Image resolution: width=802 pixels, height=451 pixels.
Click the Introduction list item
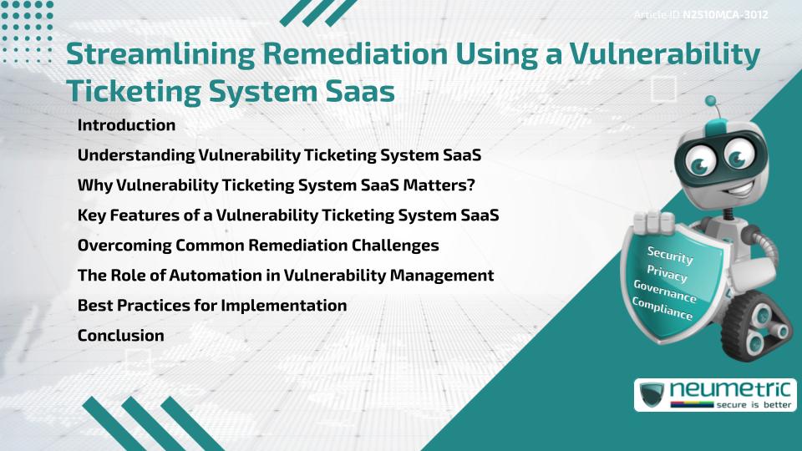click(x=126, y=124)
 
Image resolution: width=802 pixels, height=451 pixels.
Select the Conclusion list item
click(x=120, y=336)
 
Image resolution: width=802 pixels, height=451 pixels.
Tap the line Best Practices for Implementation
click(x=212, y=306)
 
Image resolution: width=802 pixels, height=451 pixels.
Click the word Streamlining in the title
click(x=160, y=54)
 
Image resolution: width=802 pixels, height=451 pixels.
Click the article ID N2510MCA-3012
click(x=725, y=15)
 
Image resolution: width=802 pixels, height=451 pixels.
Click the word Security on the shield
click(x=670, y=255)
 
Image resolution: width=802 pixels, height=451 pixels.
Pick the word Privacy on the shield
click(x=667, y=273)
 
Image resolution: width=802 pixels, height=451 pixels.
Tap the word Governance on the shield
click(x=665, y=291)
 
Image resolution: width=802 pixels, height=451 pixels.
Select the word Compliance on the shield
click(x=662, y=309)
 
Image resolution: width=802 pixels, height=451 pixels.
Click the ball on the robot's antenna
click(x=710, y=101)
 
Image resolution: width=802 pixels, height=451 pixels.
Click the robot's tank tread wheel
click(x=755, y=327)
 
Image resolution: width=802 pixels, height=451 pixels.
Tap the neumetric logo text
click(x=730, y=390)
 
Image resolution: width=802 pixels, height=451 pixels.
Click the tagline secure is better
click(x=754, y=405)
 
